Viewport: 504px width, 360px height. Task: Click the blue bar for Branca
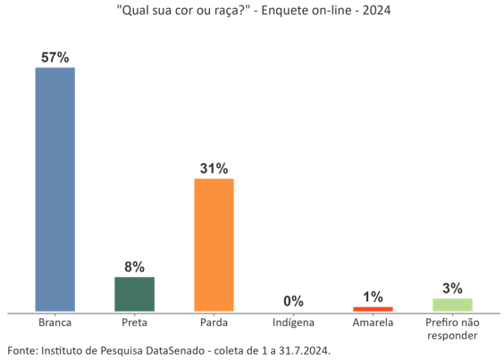pyautogui.click(x=55, y=189)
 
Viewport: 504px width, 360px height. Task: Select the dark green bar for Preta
pyautogui.click(x=134, y=294)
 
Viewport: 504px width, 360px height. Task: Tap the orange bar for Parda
pyautogui.click(x=214, y=245)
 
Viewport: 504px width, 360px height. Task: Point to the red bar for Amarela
pyautogui.click(x=373, y=309)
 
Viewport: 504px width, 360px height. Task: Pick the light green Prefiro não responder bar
pyautogui.click(x=452, y=305)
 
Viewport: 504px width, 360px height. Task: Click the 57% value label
pyautogui.click(x=55, y=57)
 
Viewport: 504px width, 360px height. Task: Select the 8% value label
pyautogui.click(x=134, y=266)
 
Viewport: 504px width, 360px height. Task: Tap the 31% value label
pyautogui.click(x=214, y=168)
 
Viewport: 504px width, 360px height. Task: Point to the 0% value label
pyautogui.click(x=293, y=302)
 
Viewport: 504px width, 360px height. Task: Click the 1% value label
pyautogui.click(x=373, y=297)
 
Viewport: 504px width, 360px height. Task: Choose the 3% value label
pyautogui.click(x=452, y=288)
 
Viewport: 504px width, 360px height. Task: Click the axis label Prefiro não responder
pyautogui.click(x=452, y=329)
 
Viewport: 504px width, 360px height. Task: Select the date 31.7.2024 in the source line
pyautogui.click(x=302, y=350)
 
